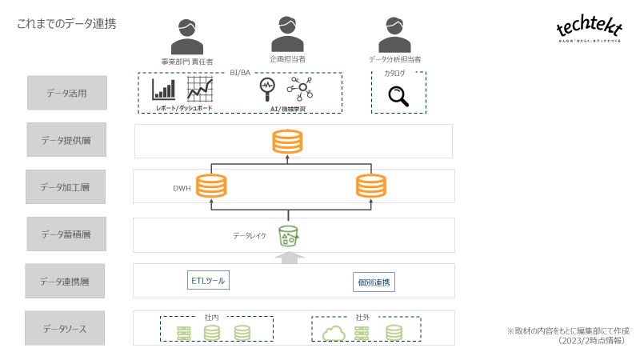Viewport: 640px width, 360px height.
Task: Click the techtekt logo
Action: (x=589, y=30)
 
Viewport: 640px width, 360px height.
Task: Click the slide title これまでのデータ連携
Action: (x=66, y=24)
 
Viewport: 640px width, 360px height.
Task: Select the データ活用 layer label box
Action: (x=66, y=93)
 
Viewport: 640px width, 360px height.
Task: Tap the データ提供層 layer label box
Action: (x=66, y=140)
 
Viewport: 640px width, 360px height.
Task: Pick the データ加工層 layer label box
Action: (x=66, y=187)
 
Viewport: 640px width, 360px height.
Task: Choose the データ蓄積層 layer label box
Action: (x=66, y=234)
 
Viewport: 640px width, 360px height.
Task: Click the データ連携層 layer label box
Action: (x=66, y=282)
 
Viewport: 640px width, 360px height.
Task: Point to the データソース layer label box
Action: (x=66, y=328)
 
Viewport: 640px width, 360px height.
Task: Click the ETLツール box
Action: (x=208, y=281)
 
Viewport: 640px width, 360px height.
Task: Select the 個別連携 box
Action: (x=374, y=282)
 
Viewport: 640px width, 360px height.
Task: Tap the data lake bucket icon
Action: (x=288, y=236)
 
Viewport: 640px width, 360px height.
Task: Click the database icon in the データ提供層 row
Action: (x=287, y=141)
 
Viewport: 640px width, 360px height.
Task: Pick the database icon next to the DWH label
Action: (x=211, y=187)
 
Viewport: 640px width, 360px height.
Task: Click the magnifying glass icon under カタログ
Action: (x=398, y=96)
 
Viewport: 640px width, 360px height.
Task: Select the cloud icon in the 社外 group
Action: (x=333, y=332)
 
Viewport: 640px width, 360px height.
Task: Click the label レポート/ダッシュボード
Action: (x=184, y=107)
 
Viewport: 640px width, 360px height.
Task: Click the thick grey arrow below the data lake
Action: (x=289, y=256)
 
